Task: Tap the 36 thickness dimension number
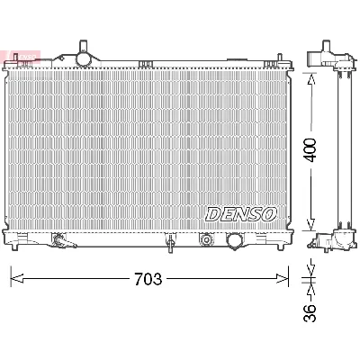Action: point(310,313)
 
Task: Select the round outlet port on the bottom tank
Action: point(235,241)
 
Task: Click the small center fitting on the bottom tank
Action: point(168,240)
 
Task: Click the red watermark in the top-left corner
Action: point(9,56)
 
